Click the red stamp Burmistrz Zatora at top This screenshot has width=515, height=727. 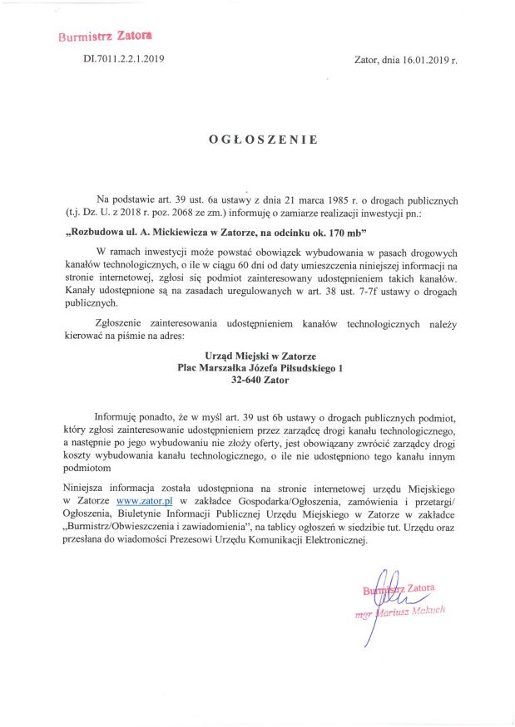tap(105, 37)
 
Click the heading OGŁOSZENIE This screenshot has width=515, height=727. tap(262, 140)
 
